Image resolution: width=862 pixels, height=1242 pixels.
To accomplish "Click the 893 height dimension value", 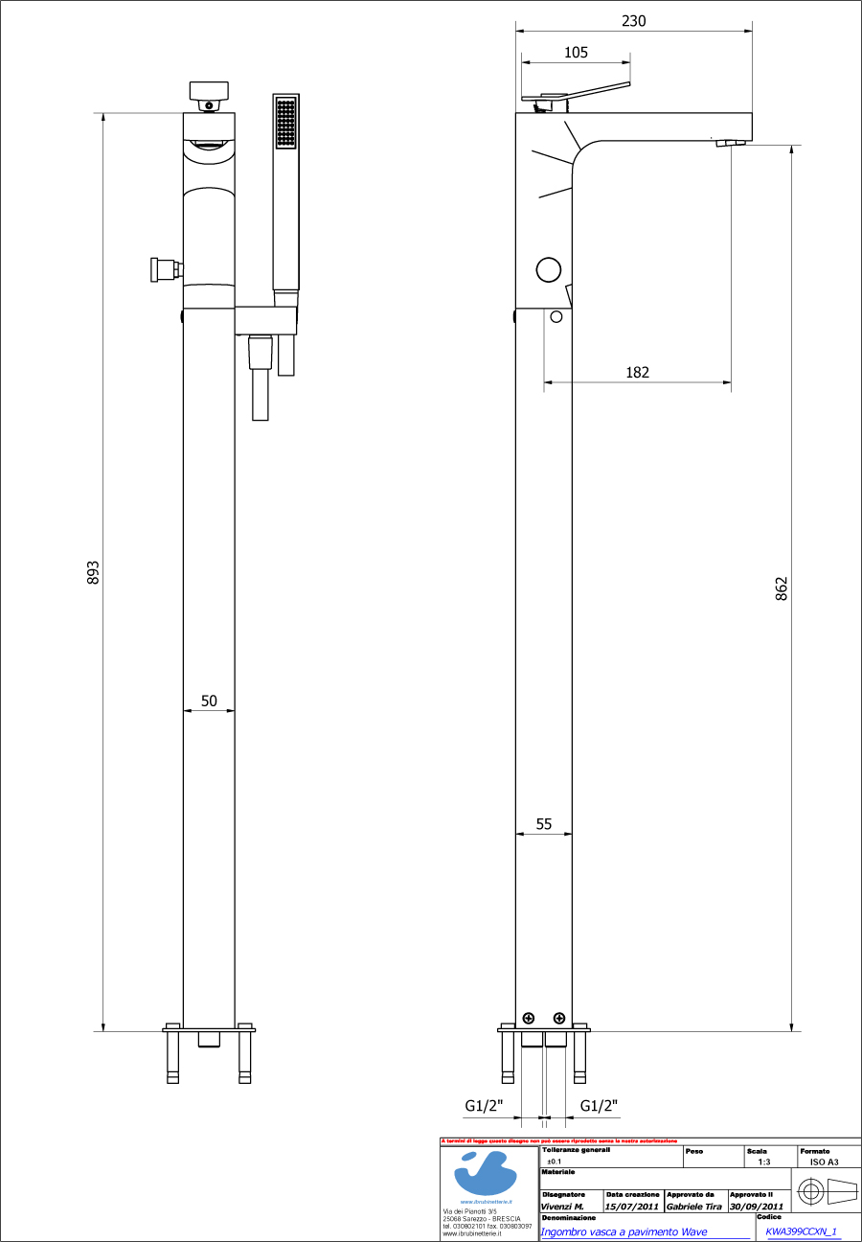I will point(93,572).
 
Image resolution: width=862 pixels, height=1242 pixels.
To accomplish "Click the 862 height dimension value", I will point(782,587).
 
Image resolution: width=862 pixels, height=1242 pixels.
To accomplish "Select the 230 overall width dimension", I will point(634,21).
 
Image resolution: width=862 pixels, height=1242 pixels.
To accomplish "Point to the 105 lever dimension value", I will point(576,53).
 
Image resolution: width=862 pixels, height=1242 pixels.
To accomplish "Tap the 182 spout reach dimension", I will point(637,372).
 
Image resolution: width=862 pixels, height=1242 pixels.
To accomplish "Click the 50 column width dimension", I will point(209,701).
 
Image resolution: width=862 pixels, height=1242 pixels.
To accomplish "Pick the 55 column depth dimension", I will point(544,823).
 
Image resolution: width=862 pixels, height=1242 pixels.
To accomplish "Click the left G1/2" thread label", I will point(484,1106).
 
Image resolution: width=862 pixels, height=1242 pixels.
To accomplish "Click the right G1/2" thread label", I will point(600,1106).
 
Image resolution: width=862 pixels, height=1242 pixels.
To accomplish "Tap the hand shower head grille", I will point(285,123).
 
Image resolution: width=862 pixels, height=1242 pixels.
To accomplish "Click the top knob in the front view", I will point(209,91).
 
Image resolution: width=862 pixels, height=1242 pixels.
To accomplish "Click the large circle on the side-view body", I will point(548,270).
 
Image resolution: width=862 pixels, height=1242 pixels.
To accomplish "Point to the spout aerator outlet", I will point(730,144).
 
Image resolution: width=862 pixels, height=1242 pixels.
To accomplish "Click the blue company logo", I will point(489,1173).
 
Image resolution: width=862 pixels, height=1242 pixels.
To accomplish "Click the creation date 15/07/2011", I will point(632,1207).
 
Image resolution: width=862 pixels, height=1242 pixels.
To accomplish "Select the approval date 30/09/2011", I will point(757,1207).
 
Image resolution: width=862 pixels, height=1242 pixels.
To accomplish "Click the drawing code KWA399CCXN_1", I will point(803,1231).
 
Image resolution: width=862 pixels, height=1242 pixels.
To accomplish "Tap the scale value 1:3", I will point(763,1161).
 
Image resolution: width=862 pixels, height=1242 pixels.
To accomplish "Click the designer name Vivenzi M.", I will point(562,1207).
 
